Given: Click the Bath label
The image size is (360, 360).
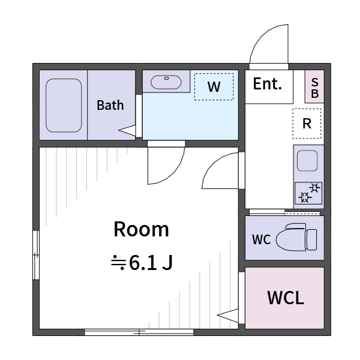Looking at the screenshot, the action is (x=110, y=106).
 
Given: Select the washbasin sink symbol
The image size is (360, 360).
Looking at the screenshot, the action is (x=166, y=82).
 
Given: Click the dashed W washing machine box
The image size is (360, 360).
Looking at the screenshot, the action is (x=214, y=86).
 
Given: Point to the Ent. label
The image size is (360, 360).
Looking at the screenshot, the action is (x=267, y=84).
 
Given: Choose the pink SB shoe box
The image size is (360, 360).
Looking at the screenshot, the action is (x=314, y=86).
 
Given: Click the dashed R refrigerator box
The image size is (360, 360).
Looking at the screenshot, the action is (x=307, y=124).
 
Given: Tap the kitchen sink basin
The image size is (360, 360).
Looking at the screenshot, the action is (x=307, y=161).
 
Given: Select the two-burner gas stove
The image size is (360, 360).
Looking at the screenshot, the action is (x=308, y=193).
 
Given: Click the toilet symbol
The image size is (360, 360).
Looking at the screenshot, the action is (x=296, y=237).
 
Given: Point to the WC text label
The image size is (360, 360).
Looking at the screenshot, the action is (x=261, y=239).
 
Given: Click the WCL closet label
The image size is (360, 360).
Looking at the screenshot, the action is (x=286, y=298).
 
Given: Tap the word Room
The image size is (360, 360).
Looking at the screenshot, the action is (x=142, y=229).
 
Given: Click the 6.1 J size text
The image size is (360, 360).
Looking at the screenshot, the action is (x=151, y=263).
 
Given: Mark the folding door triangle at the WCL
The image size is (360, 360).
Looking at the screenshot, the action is (x=228, y=316).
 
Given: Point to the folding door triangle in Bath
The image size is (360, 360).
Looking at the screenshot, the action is (x=127, y=130).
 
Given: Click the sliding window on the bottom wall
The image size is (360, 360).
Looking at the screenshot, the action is (x=139, y=332).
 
